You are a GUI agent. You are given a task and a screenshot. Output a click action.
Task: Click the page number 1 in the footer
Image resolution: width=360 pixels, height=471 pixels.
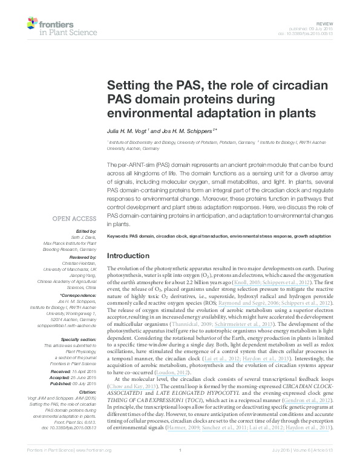(x=180, y=466)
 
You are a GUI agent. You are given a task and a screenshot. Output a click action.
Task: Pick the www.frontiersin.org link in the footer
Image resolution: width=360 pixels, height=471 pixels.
(x=97, y=466)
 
